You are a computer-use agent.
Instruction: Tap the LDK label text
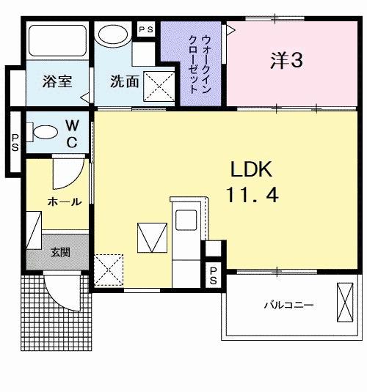[x=252, y=170]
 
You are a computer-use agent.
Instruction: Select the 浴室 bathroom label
[x=57, y=81]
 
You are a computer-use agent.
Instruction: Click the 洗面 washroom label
[x=125, y=81]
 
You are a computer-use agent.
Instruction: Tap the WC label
[x=73, y=134]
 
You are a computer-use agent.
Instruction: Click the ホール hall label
[x=65, y=201]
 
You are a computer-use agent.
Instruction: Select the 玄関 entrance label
[x=62, y=253]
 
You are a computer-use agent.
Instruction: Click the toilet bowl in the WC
[x=46, y=132]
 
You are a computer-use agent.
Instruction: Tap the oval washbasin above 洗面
[x=113, y=35]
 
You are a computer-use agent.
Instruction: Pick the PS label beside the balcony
[x=213, y=277]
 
